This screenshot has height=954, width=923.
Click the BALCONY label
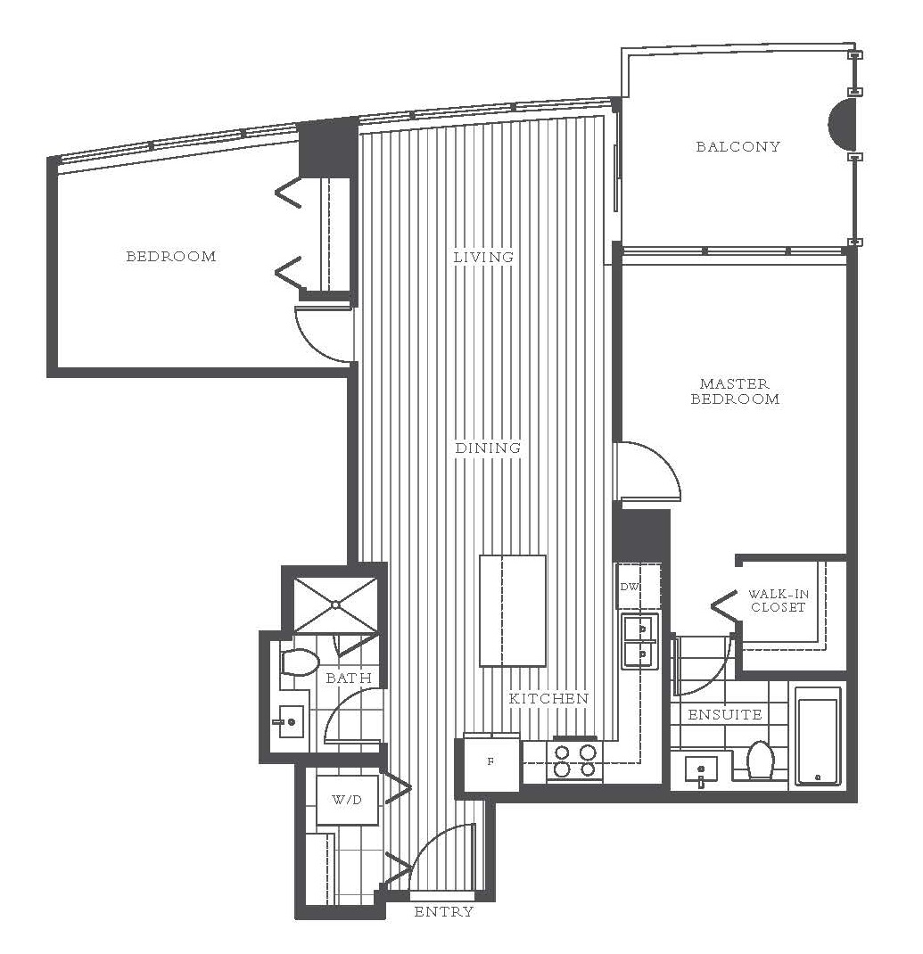738,147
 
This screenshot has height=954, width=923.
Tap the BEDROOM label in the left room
170,257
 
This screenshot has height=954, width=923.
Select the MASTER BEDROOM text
735,391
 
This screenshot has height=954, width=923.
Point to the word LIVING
483,257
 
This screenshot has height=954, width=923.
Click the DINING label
488,448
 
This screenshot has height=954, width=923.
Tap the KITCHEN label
548,698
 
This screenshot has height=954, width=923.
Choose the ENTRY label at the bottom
443,912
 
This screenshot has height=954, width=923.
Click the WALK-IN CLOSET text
777,601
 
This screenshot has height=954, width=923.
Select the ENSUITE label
725,714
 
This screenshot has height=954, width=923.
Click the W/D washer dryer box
347,800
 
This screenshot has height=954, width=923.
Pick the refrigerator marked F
490,763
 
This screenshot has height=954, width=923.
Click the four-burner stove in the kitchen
574,760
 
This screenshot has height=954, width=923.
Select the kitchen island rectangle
512,611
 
